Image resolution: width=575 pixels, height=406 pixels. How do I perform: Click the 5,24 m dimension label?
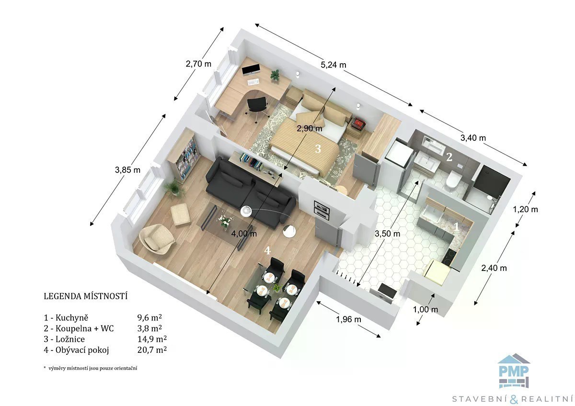point(333,65)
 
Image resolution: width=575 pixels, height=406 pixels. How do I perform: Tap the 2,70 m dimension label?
point(198,64)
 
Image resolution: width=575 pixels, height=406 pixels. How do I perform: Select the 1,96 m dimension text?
point(349,319)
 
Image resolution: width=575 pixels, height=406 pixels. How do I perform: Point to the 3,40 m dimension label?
point(473,138)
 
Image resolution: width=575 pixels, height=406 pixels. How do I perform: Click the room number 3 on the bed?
point(318,149)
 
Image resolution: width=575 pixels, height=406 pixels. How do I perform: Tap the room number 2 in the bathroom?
point(449,157)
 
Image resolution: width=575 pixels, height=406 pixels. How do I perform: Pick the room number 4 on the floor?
point(267,250)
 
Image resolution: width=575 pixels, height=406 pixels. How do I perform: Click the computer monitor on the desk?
point(251,70)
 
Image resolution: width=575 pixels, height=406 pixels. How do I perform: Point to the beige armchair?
point(156,239)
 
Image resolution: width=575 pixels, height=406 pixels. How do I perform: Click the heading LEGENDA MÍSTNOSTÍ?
point(85,296)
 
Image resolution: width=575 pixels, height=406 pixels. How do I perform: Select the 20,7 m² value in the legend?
point(152,350)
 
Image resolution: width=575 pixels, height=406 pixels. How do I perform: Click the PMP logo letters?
point(514,372)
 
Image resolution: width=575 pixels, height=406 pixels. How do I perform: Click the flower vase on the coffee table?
point(225,220)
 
